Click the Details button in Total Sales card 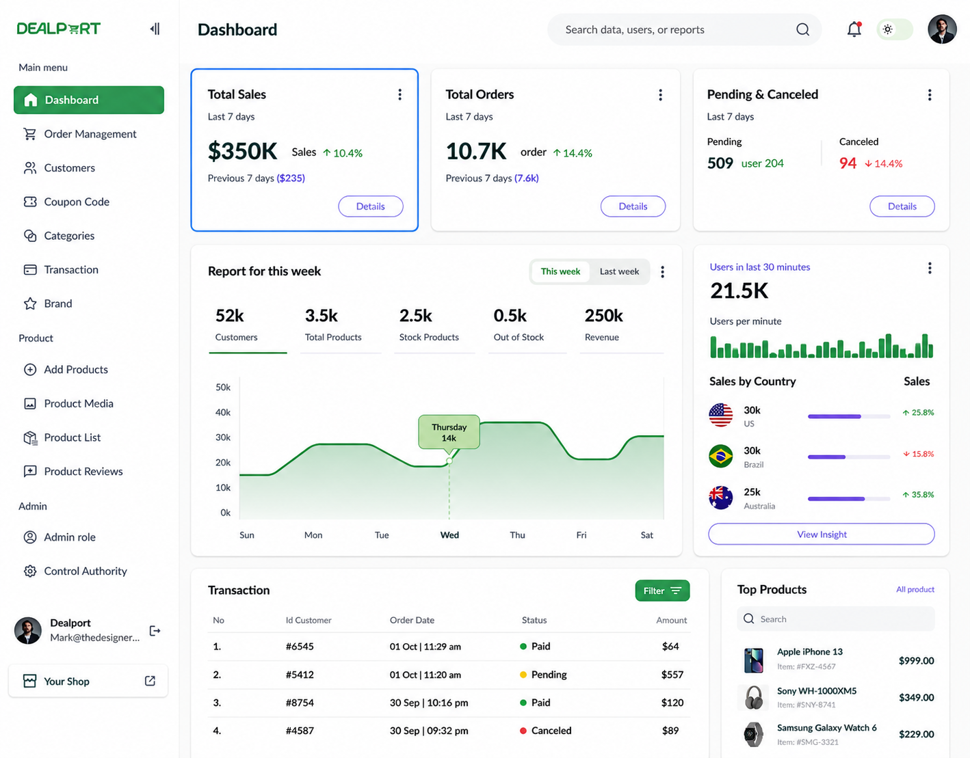tap(370, 206)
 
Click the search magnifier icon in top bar tap(802, 29)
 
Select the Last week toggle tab tap(618, 271)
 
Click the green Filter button tap(662, 591)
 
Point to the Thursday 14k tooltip tap(449, 432)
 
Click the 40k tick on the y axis tap(223, 412)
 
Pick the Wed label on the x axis tap(449, 534)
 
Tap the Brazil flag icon tap(720, 456)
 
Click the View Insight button tap(821, 534)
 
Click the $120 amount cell tap(672, 702)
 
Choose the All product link tap(915, 589)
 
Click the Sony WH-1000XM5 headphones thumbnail tap(754, 697)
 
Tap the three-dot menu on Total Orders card tap(660, 94)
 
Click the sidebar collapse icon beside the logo tap(155, 29)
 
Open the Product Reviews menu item tap(73, 472)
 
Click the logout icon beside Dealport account tap(155, 630)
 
